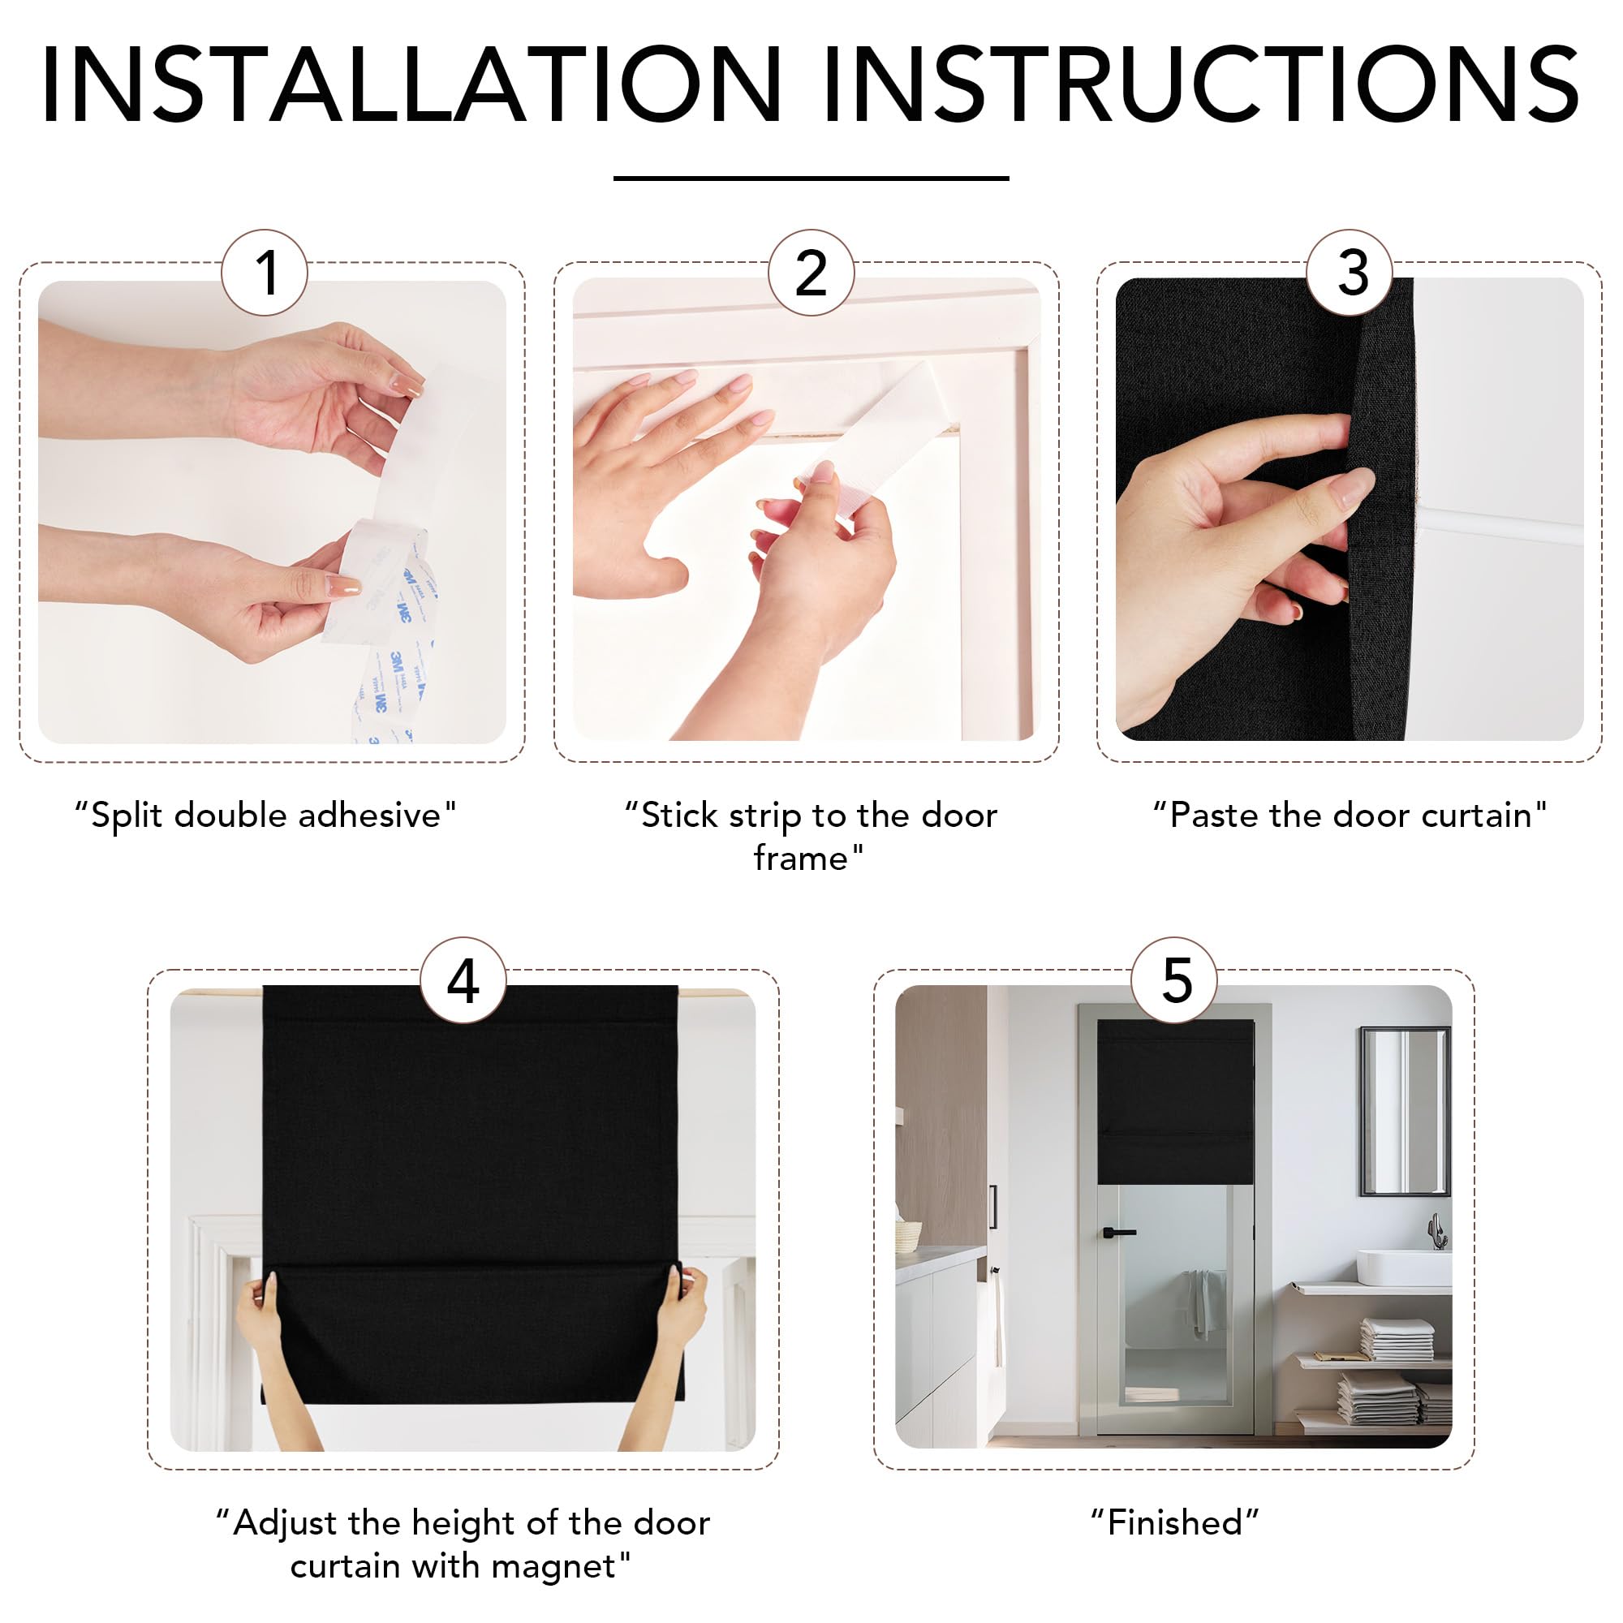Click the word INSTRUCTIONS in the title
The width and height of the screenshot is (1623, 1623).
point(1202,85)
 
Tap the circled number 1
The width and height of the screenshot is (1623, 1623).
point(265,272)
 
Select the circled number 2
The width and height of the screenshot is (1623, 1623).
point(811,272)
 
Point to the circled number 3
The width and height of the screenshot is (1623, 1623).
point(1350,272)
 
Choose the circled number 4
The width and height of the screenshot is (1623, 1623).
point(463,979)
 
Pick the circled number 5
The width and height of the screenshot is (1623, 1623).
point(1174,979)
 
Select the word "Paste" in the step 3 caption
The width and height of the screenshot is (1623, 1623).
point(1207,815)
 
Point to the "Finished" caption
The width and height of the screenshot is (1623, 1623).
point(1174,1523)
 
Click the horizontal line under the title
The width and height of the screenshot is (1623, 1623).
point(811,178)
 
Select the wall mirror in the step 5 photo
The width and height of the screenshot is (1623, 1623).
point(1406,1111)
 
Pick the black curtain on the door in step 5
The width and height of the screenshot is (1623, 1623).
point(1175,1101)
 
